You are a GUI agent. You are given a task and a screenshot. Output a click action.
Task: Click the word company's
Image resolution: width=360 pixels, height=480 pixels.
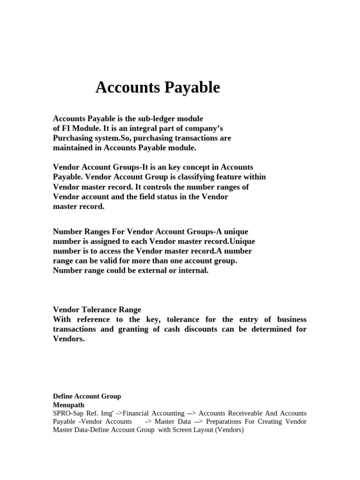200,128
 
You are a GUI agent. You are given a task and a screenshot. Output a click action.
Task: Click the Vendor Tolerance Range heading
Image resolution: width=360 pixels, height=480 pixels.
97,310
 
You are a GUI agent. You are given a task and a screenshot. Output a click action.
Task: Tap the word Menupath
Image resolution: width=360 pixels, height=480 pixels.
68,405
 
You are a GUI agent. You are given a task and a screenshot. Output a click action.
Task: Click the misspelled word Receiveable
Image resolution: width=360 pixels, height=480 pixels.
248,413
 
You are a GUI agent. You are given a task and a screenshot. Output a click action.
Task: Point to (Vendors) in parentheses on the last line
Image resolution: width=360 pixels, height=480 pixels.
229,430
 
